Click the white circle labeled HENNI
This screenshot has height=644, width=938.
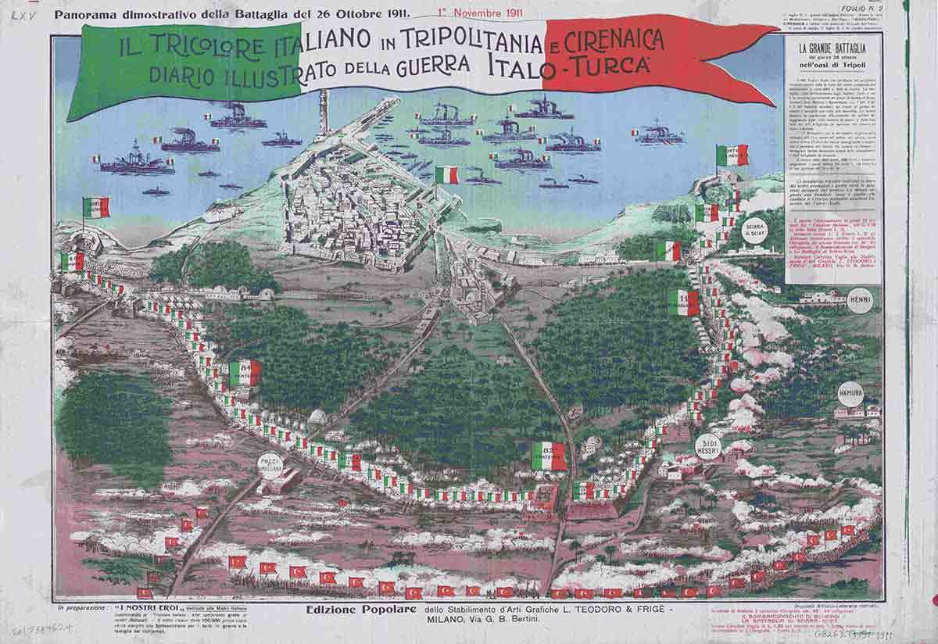pyautogui.click(x=860, y=300)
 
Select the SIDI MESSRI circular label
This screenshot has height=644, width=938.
pyautogui.click(x=707, y=445)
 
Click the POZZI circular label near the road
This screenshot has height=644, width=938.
pyautogui.click(x=270, y=467)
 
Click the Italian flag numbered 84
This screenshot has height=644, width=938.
pyautogui.click(x=245, y=372)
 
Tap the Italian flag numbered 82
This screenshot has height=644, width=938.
pyautogui.click(x=549, y=456)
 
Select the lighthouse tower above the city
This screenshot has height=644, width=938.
pyautogui.click(x=324, y=117)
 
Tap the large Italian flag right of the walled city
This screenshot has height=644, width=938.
pyautogui.click(x=446, y=175)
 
